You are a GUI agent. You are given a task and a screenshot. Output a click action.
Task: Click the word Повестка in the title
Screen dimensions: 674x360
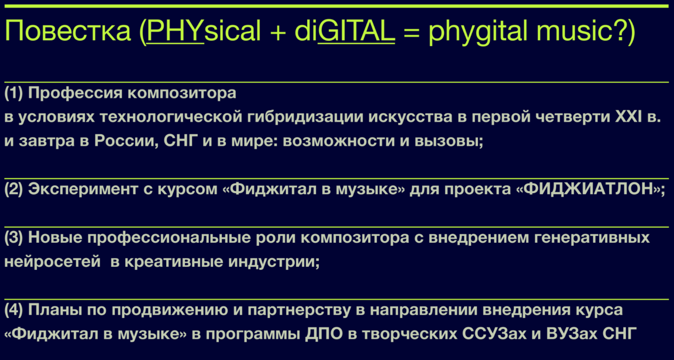[x=68, y=32]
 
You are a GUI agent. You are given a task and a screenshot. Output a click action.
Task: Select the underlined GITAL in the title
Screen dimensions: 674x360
[x=356, y=32]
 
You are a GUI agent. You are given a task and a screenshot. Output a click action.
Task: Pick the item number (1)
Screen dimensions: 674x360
[x=14, y=93]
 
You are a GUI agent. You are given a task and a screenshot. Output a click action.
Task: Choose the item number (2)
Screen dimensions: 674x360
[x=14, y=190]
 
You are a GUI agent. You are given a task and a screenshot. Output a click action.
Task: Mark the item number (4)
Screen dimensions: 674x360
[x=14, y=311]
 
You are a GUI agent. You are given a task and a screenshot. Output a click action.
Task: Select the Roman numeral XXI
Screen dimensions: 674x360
[x=630, y=117]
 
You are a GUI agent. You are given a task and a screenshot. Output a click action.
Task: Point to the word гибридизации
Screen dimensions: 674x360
[x=304, y=118]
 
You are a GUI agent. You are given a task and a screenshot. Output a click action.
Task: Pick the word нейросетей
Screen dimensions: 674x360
[x=52, y=262]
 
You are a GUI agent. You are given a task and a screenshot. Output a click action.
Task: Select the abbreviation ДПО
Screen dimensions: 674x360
[x=325, y=334]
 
